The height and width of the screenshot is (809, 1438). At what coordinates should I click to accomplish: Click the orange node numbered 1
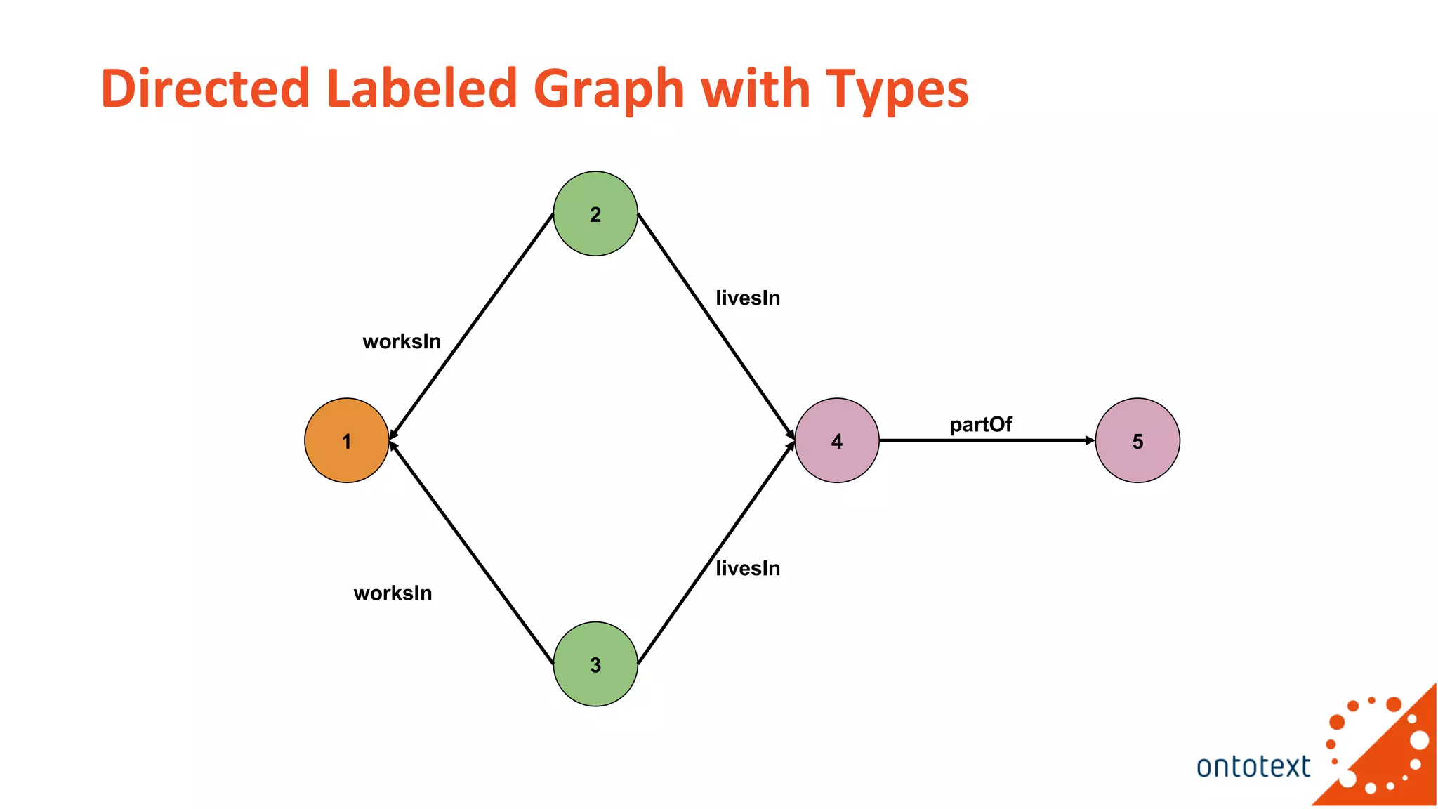point(346,440)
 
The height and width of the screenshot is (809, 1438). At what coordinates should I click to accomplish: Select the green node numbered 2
point(595,213)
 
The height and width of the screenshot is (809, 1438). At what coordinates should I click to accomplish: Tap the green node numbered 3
point(595,664)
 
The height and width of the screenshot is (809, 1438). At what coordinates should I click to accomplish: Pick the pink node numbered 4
point(836,440)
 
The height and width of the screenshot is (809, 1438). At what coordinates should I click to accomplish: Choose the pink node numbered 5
point(1137,440)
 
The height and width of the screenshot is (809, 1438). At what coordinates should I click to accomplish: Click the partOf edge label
point(980,425)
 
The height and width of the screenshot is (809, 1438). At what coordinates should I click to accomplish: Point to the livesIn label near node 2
point(748,298)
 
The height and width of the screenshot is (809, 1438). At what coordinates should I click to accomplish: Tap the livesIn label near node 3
point(748,568)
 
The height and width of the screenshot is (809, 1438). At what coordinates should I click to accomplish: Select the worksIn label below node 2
point(402,342)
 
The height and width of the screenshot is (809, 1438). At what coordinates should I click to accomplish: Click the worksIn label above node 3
point(393,593)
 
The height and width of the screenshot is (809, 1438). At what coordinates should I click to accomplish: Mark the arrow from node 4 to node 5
point(987,441)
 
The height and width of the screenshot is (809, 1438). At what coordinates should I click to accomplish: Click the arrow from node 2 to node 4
point(716,327)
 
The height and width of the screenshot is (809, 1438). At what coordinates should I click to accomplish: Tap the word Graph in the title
point(609,90)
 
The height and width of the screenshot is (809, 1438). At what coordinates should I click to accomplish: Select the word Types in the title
point(897,90)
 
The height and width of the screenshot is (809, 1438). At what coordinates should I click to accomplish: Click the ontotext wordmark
point(1253,767)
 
